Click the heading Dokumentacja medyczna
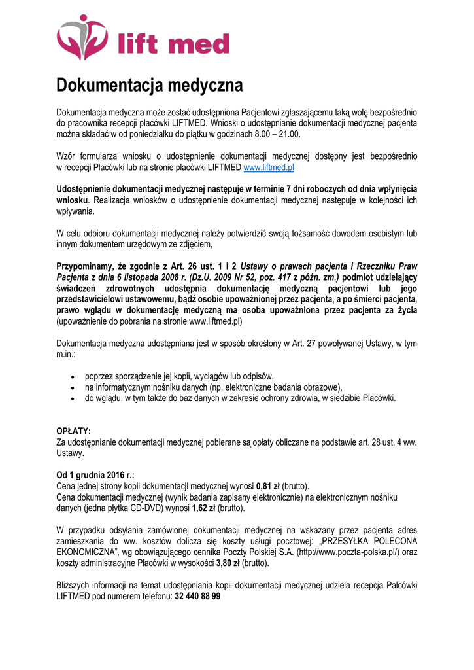click(149, 86)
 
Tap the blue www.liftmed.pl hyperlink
click(269, 167)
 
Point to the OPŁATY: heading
click(73, 431)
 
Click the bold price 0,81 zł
click(268, 486)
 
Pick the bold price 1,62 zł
click(203, 508)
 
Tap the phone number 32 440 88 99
click(197, 596)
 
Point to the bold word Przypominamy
click(86, 266)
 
